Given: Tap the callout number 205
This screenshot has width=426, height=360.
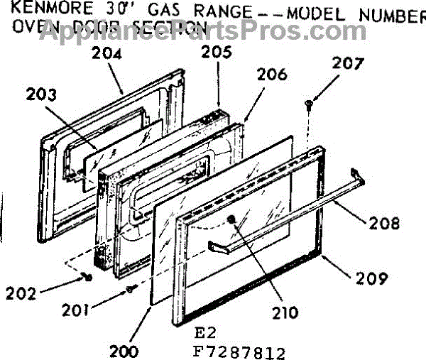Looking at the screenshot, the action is click(x=213, y=52).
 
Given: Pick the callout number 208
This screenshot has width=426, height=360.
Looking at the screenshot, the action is click(x=384, y=224).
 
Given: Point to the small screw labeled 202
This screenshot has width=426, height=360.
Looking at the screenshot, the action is click(x=87, y=276).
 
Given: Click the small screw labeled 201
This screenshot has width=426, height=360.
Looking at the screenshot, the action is click(x=131, y=288).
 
